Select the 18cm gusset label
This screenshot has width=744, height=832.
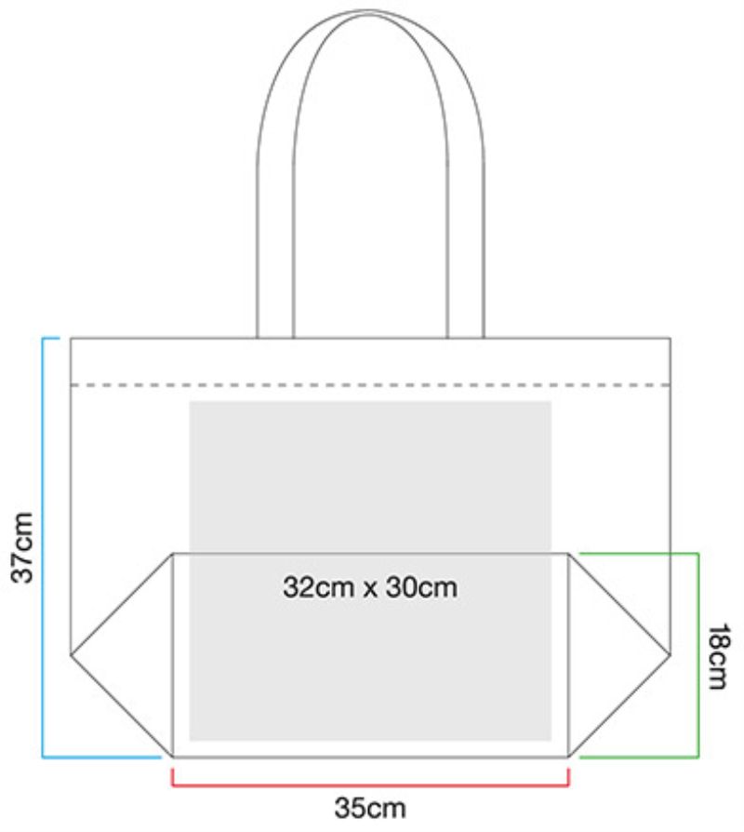click(x=717, y=656)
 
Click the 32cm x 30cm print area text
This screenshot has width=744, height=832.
click(x=370, y=588)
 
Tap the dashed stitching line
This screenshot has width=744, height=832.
click(x=370, y=384)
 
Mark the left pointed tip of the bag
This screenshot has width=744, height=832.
click(x=72, y=654)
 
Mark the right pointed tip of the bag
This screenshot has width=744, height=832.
click(x=670, y=654)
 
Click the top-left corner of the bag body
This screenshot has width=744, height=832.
click(x=72, y=338)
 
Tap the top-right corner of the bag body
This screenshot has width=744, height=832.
click(x=670, y=338)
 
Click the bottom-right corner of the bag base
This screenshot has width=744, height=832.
click(x=568, y=756)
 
